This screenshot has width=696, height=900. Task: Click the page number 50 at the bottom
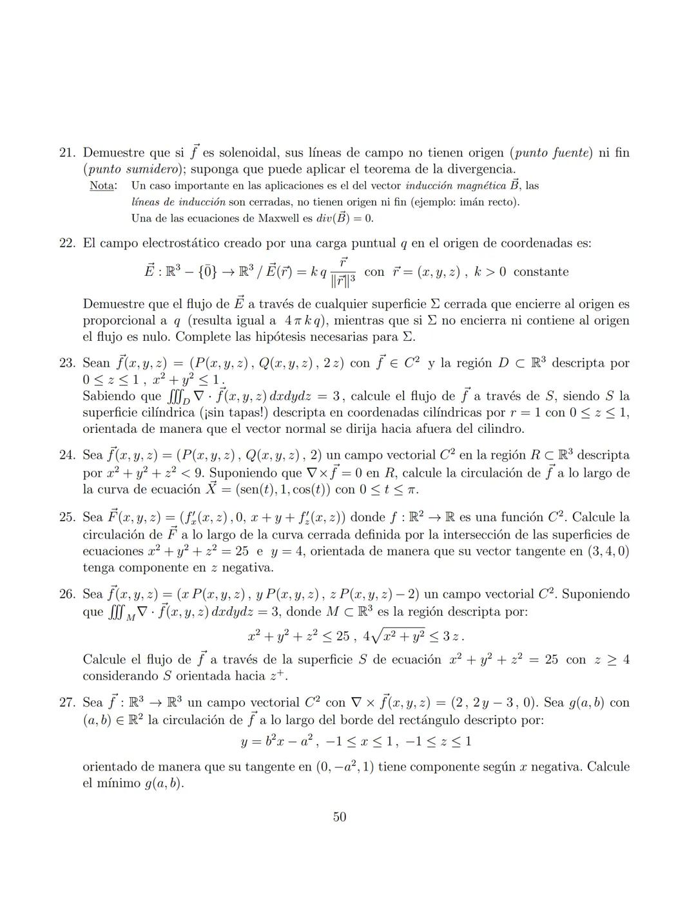pos(340,817)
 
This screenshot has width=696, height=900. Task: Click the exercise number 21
pos(67,153)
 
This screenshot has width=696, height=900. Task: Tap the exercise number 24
pos(67,455)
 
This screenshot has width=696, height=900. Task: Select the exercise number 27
pos(67,703)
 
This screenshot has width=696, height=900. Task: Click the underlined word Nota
pos(103,186)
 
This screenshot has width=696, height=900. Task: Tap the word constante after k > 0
pos(541,272)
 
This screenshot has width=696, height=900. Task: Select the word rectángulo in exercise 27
pos(395,720)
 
